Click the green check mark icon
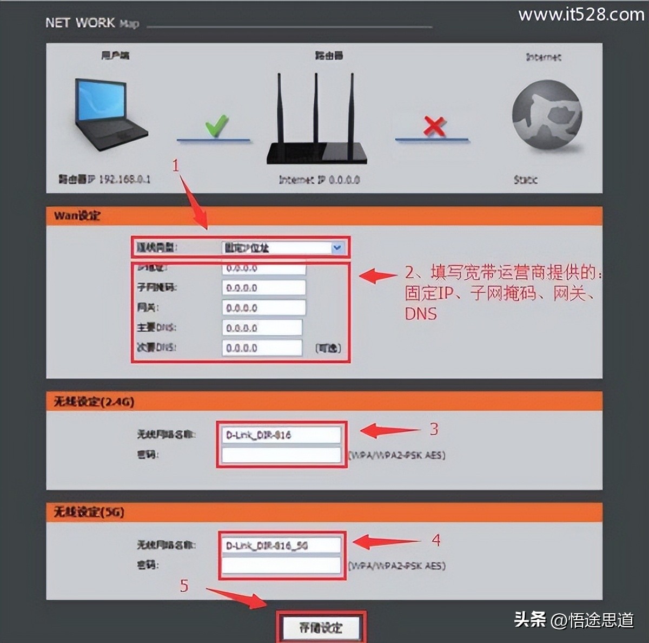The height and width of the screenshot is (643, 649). click(216, 127)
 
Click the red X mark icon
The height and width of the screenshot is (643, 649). click(434, 127)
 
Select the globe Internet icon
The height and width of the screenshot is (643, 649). click(547, 115)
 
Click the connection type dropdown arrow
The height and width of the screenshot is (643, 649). click(337, 248)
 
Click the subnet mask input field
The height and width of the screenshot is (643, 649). click(263, 288)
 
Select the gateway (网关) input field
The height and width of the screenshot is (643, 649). click(263, 308)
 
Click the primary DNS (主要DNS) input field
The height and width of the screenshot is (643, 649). click(262, 328)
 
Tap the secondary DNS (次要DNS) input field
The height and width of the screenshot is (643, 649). click(262, 348)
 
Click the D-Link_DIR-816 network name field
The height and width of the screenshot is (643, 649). click(281, 435)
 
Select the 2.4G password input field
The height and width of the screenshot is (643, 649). click(281, 455)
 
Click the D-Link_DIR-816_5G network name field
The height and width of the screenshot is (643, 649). click(281, 546)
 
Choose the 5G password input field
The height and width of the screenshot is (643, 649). click(281, 566)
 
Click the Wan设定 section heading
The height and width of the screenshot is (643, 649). click(77, 216)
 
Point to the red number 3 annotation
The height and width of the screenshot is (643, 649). click(434, 430)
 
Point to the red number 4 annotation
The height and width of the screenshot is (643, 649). click(436, 540)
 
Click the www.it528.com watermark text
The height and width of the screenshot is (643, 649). click(581, 15)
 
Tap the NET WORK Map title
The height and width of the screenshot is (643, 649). click(92, 23)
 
